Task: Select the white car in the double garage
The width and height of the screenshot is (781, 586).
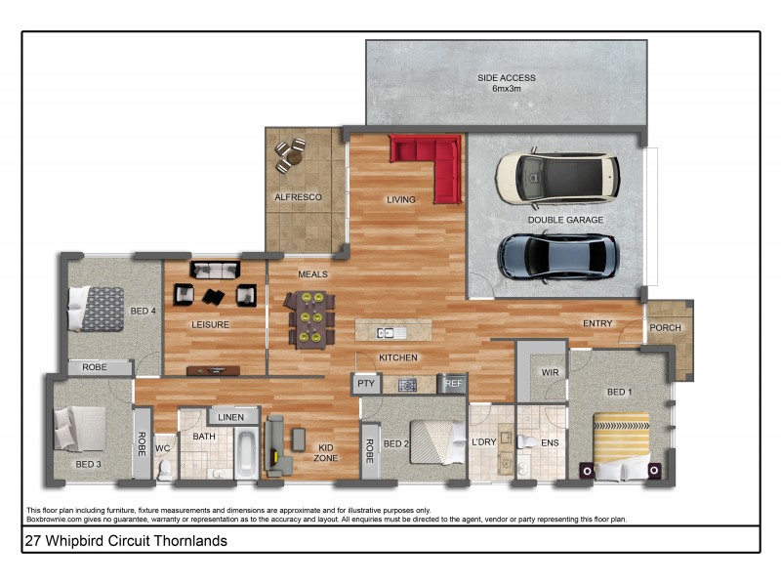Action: point(557,177)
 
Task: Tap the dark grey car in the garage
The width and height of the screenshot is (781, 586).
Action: point(557,257)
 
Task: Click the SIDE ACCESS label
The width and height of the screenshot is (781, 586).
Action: point(506,83)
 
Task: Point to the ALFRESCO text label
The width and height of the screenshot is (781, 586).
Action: point(298,197)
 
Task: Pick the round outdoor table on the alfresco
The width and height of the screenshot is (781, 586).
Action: point(290,154)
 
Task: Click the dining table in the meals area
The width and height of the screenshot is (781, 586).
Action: point(310,318)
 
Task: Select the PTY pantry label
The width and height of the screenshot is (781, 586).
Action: point(366,384)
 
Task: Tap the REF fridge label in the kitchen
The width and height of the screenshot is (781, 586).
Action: point(453,385)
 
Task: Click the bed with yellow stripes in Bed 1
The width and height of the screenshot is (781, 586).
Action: point(622,444)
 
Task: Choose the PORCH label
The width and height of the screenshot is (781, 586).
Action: point(665,328)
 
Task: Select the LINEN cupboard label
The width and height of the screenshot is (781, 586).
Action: point(231,417)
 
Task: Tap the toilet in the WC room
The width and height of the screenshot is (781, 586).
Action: point(164,470)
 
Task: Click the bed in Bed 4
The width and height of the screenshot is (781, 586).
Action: point(95,309)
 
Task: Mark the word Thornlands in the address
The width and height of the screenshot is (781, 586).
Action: point(192,540)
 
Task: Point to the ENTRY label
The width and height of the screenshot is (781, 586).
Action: point(597,323)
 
